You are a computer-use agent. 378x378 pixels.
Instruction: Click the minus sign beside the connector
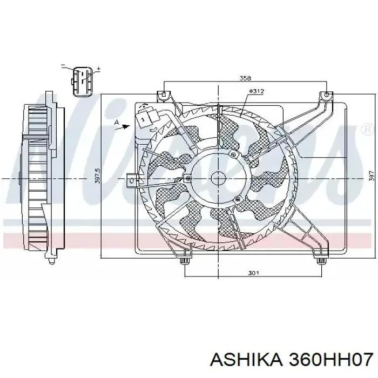tap(63, 66)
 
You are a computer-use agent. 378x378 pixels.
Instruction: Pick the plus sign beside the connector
tap(98, 69)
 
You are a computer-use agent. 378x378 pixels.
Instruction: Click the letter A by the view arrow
tap(116, 123)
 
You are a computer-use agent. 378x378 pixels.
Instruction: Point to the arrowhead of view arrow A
tap(127, 125)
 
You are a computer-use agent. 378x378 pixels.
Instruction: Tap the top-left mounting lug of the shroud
tap(161, 97)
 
